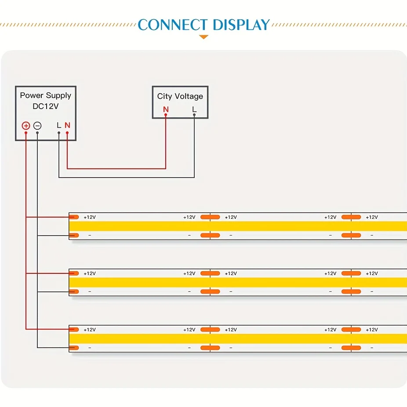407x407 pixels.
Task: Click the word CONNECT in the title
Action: (173, 25)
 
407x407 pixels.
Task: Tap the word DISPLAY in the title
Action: (241, 25)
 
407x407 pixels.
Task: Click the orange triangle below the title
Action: (204, 37)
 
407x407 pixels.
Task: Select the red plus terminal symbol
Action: (25, 126)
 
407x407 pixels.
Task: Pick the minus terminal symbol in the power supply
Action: (37, 126)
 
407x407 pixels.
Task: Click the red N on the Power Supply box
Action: (68, 125)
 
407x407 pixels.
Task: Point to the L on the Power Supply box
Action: (59, 125)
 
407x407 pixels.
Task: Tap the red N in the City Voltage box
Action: (166, 109)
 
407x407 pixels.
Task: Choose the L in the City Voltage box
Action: (194, 109)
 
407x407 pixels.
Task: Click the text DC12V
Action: (45, 106)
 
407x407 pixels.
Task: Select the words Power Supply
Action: (46, 95)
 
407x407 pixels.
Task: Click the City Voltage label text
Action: (180, 96)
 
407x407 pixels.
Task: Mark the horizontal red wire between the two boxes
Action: (116, 168)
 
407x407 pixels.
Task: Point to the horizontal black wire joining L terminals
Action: (127, 178)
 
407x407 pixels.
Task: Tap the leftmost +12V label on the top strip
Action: (90, 217)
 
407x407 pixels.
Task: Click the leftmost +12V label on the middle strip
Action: (90, 273)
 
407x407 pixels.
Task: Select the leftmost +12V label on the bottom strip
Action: (90, 330)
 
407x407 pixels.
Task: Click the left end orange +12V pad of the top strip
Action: (74, 217)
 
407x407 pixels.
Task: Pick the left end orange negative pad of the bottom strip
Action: (74, 348)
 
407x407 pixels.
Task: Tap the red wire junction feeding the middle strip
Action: (26, 273)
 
